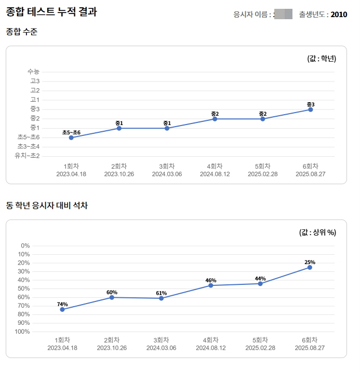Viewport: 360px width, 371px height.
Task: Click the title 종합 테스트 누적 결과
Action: [x=51, y=12]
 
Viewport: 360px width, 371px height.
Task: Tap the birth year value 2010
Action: [x=339, y=15]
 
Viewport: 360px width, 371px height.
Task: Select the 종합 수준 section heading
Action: [x=21, y=32]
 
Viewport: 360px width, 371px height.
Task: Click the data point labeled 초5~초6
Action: [x=71, y=138]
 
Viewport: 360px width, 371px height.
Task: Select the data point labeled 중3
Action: [x=311, y=109]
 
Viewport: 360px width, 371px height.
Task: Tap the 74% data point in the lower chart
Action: [x=62, y=309]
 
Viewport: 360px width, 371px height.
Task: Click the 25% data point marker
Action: [x=310, y=267]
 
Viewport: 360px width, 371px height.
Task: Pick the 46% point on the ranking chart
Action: [x=211, y=285]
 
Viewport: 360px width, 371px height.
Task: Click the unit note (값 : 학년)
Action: [x=322, y=59]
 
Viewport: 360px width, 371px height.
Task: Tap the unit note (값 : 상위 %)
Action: [x=318, y=232]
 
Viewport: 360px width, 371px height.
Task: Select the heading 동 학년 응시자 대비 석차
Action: [x=47, y=206]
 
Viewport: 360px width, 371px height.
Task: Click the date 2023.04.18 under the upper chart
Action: [x=71, y=174]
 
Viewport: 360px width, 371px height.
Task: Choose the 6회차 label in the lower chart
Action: [x=310, y=340]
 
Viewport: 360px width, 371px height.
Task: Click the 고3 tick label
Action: [x=35, y=81]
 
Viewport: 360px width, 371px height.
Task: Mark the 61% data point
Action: [x=162, y=298]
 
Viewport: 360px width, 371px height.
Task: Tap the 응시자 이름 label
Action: [x=253, y=15]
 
